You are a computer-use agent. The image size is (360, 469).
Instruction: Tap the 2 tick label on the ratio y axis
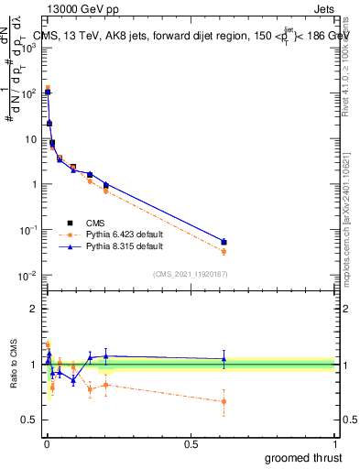[34, 309]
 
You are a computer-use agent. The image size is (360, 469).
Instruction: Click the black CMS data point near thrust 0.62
[224, 242]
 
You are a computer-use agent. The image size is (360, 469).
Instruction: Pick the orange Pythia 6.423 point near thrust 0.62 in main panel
[224, 251]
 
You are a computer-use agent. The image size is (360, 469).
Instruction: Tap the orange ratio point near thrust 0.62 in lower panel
[224, 401]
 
